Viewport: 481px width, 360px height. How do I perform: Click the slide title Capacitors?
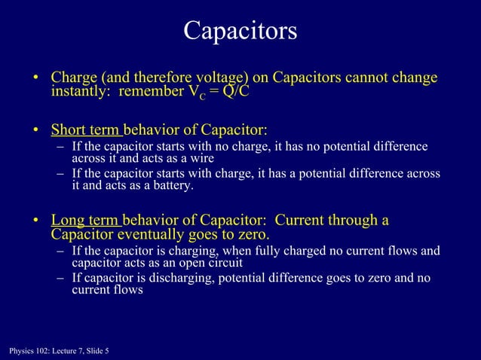click(x=240, y=31)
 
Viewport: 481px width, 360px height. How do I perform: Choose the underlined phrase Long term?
click(x=84, y=221)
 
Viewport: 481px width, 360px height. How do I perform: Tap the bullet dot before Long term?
click(x=35, y=221)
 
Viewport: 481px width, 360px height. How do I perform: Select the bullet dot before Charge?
click(x=35, y=79)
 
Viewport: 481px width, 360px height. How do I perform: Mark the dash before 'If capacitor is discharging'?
click(x=60, y=278)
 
